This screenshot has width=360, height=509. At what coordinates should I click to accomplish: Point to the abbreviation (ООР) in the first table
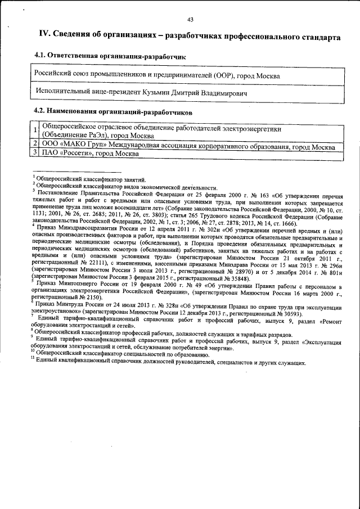[x=222, y=75]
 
